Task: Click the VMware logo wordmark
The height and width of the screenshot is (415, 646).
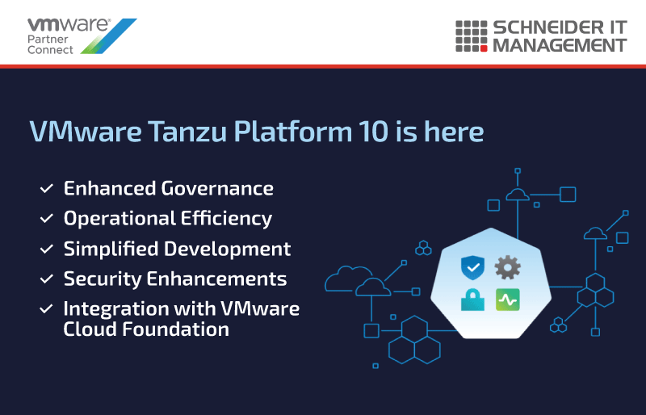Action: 69,25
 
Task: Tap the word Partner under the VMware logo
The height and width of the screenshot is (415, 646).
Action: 48,39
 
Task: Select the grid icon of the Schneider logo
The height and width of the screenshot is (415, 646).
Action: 472,36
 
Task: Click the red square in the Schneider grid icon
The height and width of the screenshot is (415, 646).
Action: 484,48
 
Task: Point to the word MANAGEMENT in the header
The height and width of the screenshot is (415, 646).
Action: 560,45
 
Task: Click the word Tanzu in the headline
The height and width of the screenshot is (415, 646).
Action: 187,132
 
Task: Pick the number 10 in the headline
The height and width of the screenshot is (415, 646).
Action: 373,132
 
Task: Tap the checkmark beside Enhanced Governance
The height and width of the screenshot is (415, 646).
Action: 47,188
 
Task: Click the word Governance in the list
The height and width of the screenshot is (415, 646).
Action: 217,188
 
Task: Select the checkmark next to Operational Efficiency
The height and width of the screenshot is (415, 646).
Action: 47,219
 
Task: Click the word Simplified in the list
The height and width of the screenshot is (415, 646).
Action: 111,249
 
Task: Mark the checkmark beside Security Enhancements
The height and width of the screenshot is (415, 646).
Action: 47,279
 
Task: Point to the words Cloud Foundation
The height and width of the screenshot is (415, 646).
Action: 146,329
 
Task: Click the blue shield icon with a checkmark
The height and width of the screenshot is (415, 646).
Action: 472,267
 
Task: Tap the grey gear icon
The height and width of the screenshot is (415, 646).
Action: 508,267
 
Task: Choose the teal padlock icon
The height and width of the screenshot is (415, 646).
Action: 472,300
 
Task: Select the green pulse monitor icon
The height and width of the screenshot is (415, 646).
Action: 508,300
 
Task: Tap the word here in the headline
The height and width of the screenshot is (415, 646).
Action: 454,132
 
